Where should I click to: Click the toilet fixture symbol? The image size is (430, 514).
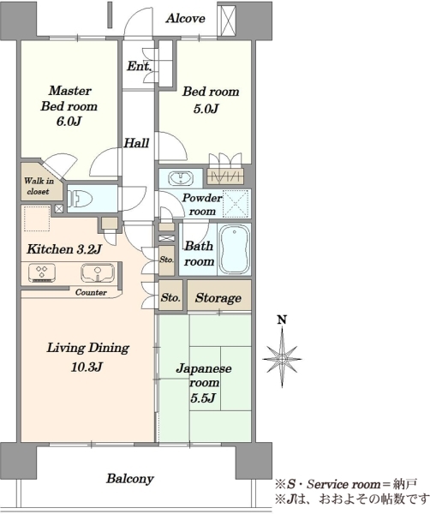80,199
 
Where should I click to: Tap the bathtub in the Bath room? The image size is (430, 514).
235,249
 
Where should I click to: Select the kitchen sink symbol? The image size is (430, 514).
98,272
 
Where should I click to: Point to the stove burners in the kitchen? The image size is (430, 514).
42,272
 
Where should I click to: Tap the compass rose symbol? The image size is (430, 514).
282,358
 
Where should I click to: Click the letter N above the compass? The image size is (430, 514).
282,320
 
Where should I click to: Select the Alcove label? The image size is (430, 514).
186,18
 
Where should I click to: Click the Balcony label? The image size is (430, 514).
130,479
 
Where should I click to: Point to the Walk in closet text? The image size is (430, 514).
39,186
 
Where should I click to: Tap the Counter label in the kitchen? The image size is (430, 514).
91,292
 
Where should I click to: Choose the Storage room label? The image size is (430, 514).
218,298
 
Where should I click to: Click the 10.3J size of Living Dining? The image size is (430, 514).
87,368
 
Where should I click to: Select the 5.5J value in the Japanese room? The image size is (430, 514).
203,398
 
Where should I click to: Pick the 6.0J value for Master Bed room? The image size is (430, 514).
69,122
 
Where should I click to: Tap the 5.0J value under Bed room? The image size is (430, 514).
206,109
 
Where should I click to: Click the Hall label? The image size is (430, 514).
136,143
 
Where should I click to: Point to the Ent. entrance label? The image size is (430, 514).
140,66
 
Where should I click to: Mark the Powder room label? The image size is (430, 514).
202,205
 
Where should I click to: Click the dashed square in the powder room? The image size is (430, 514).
236,204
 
